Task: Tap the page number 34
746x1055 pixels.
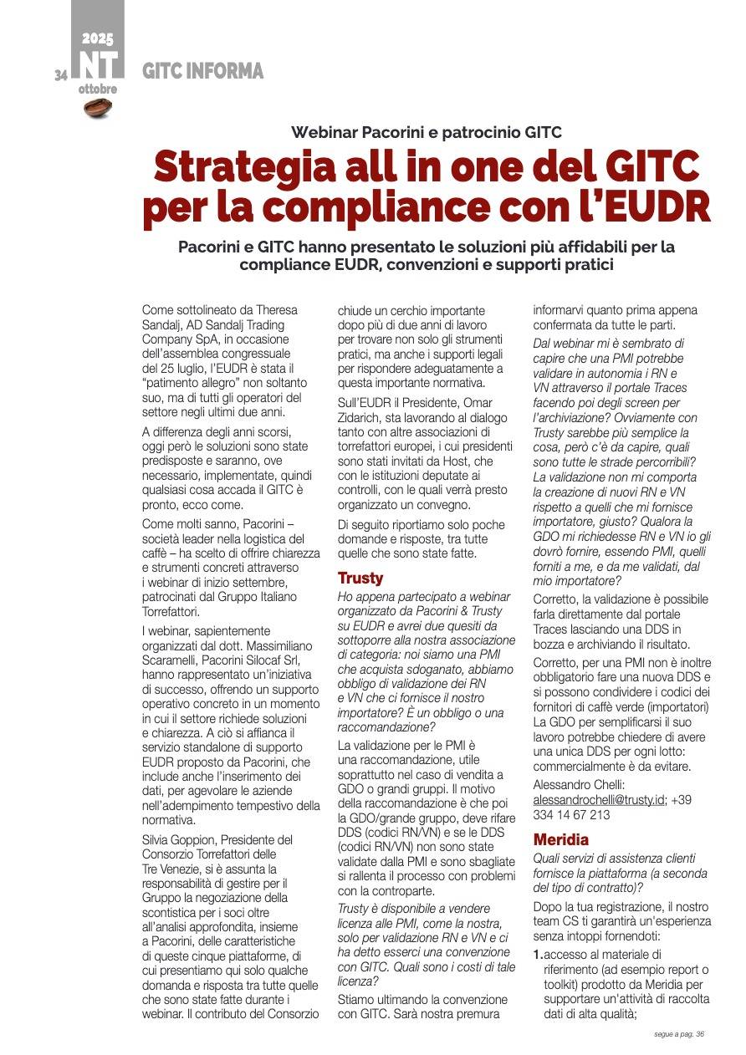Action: click(x=60, y=75)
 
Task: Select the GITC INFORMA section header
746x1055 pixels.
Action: click(x=202, y=72)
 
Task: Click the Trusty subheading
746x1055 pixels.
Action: click(x=360, y=578)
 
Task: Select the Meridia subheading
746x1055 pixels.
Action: click(x=561, y=839)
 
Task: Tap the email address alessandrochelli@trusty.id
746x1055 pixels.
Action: click(x=600, y=799)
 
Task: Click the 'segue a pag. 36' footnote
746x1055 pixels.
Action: click(x=679, y=1034)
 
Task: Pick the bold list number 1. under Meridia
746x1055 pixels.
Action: click(x=538, y=954)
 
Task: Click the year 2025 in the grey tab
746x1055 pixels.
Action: click(x=98, y=38)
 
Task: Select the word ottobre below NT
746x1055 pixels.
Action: click(x=98, y=89)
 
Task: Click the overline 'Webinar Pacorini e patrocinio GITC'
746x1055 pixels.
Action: click(x=426, y=132)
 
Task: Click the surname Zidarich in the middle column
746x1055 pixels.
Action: click(x=365, y=417)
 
